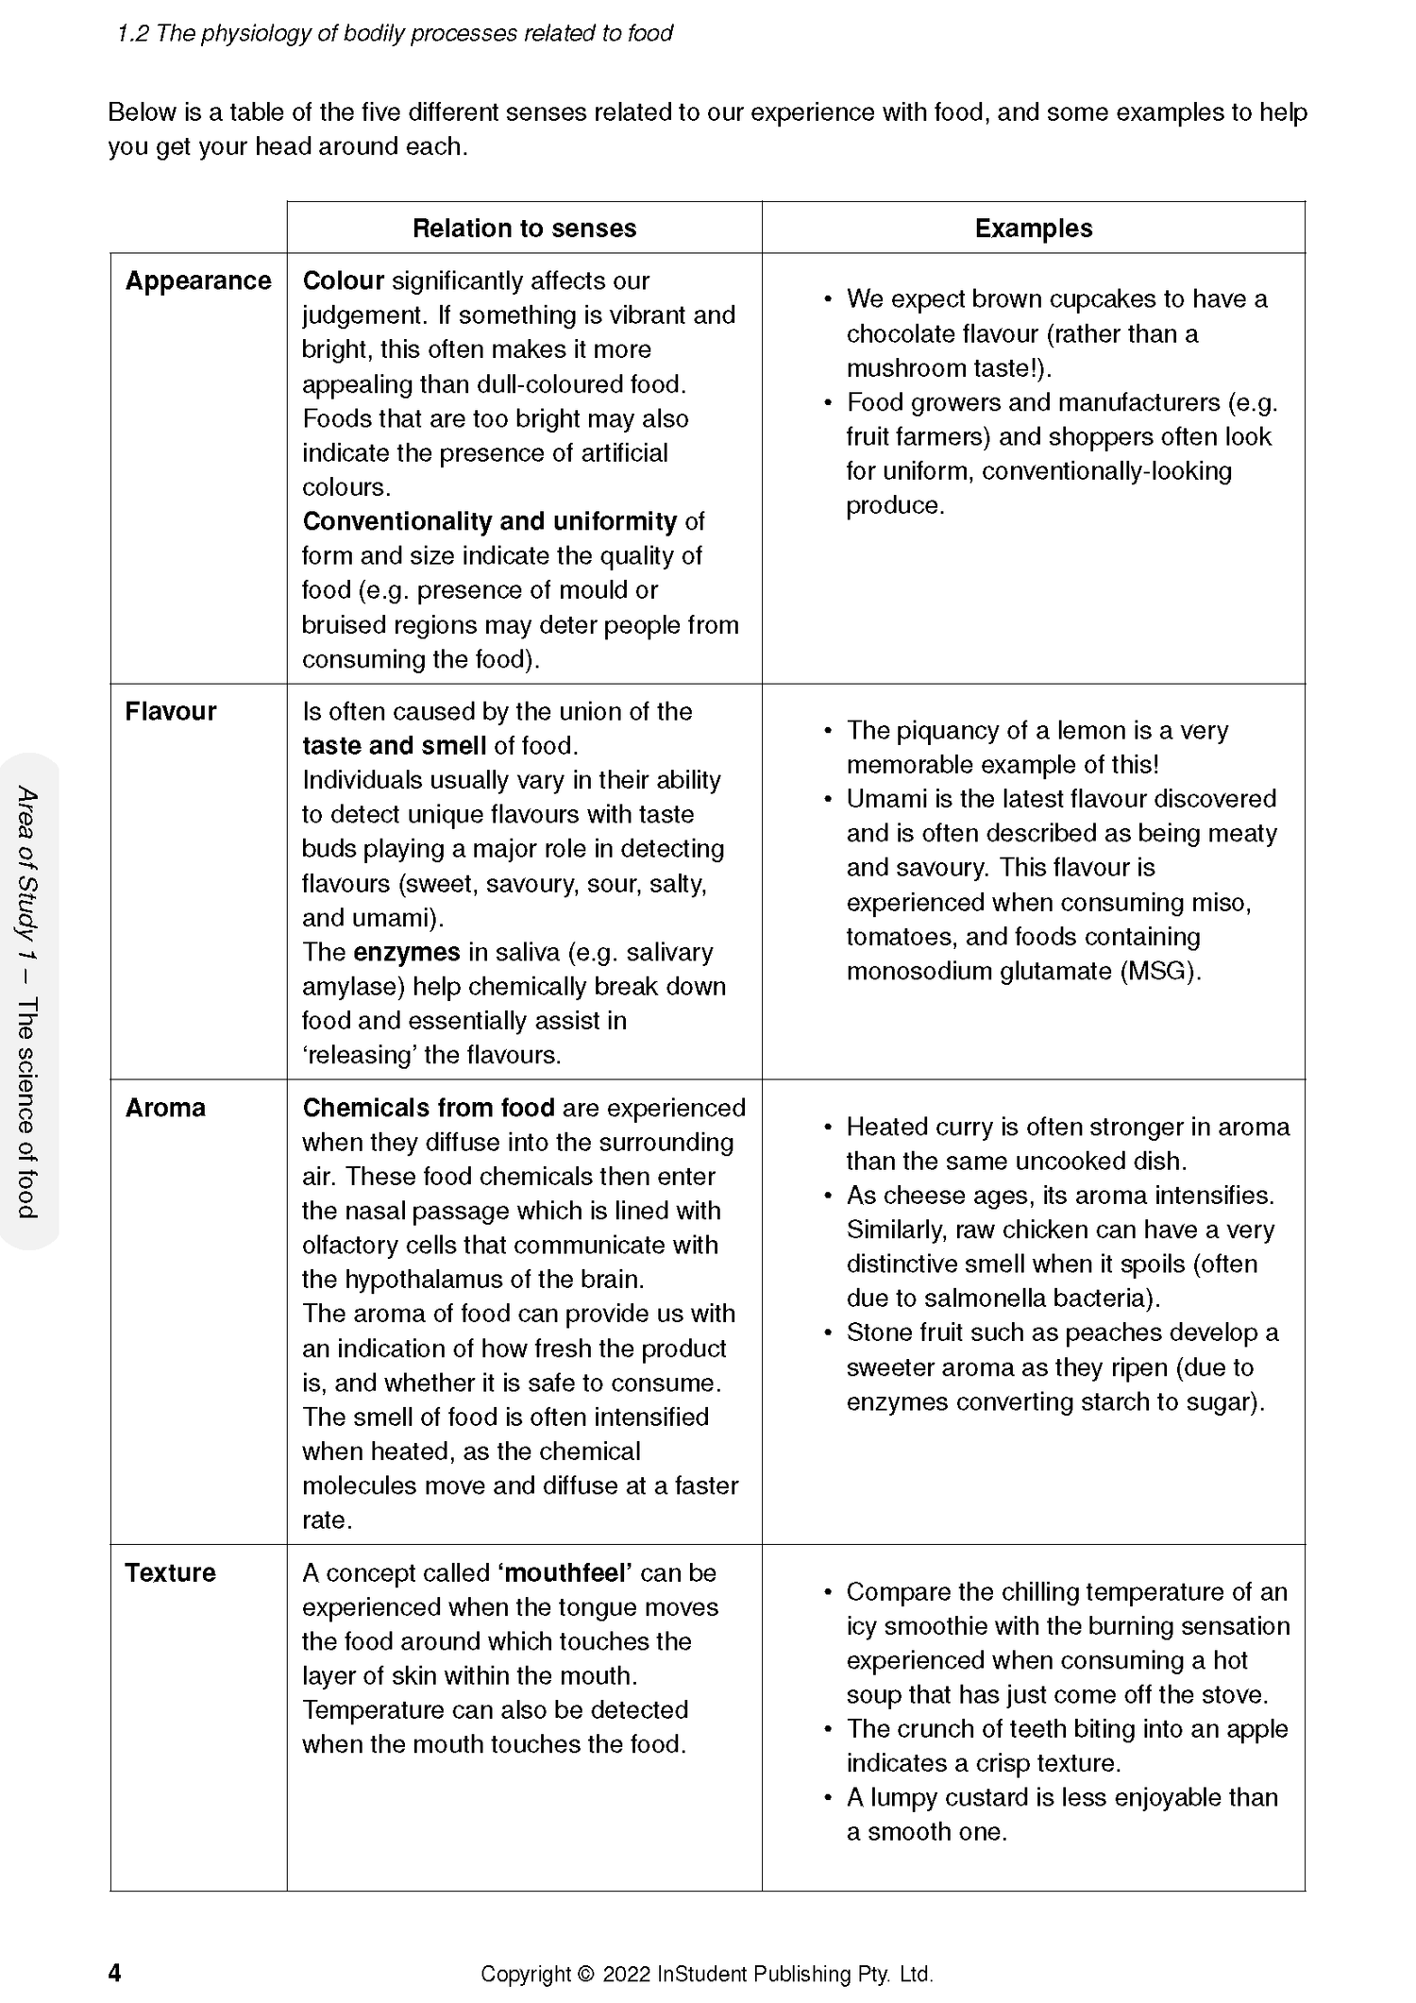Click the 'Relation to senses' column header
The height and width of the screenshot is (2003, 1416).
coord(524,229)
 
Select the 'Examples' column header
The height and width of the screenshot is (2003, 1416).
coord(1033,229)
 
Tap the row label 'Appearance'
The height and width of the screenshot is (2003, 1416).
coord(198,281)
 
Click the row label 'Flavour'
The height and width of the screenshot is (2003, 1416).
coord(171,712)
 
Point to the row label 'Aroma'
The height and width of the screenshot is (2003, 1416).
coord(165,1108)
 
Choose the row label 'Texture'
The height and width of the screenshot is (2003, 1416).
coord(171,1573)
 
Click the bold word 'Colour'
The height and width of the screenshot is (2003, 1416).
coord(343,281)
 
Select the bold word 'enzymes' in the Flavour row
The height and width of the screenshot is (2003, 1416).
coord(406,952)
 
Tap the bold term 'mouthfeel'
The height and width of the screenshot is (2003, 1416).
coord(565,1573)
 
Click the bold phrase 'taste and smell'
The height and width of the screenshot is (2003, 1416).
coord(394,746)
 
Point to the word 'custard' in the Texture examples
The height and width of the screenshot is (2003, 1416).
coord(1009,1798)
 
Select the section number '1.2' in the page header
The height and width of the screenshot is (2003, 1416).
coord(132,34)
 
